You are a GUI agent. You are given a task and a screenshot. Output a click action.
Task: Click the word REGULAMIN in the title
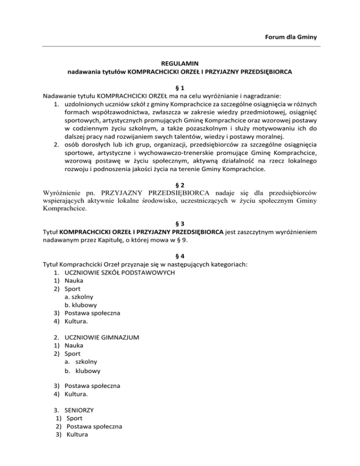click(x=180, y=64)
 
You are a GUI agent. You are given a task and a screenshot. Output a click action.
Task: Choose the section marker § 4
click(x=180, y=256)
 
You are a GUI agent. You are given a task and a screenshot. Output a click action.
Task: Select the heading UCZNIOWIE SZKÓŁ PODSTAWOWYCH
click(x=120, y=272)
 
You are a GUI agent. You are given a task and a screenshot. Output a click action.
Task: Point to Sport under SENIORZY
click(x=75, y=417)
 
